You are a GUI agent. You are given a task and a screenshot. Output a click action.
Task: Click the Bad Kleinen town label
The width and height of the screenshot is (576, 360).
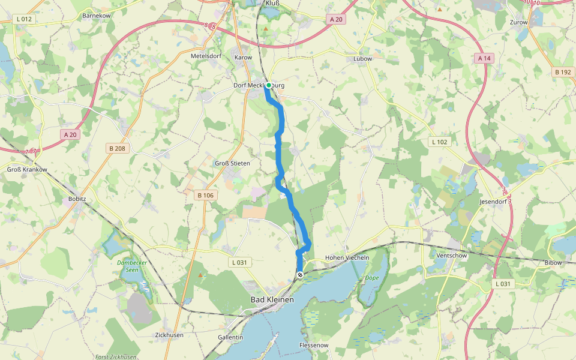tap(272, 299)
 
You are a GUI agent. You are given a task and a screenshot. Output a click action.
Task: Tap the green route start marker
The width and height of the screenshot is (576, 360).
tap(268, 85)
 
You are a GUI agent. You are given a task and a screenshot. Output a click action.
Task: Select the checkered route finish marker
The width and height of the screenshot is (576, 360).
tap(300, 275)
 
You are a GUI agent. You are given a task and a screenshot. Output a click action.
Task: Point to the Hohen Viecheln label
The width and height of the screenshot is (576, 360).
tap(347, 257)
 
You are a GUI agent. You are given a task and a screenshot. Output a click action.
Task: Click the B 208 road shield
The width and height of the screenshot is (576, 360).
tap(119, 148)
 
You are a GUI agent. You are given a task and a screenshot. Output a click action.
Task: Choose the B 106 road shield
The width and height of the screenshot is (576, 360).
tap(205, 195)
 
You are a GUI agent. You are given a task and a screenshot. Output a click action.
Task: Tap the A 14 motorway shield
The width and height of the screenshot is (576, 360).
tap(484, 58)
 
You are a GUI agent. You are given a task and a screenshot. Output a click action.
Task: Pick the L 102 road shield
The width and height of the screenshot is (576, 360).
tap(440, 142)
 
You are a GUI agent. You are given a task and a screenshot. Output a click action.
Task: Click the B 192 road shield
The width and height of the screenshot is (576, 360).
tap(563, 72)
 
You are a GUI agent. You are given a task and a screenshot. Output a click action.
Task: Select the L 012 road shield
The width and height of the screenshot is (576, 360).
tap(25, 19)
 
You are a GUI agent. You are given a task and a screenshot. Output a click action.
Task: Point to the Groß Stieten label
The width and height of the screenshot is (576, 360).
tap(232, 163)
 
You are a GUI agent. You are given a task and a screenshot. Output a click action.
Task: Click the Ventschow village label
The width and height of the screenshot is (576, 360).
tap(452, 256)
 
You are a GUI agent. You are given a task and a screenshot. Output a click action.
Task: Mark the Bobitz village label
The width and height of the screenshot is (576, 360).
tap(78, 198)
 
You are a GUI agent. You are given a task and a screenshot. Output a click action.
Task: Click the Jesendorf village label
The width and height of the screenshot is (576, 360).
tap(493, 202)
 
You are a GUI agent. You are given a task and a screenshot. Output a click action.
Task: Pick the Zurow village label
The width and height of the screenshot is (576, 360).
tap(518, 22)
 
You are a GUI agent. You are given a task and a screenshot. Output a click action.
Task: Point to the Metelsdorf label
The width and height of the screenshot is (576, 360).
tap(206, 56)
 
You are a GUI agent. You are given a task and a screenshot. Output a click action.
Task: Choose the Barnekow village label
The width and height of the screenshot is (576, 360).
tap(97, 15)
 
